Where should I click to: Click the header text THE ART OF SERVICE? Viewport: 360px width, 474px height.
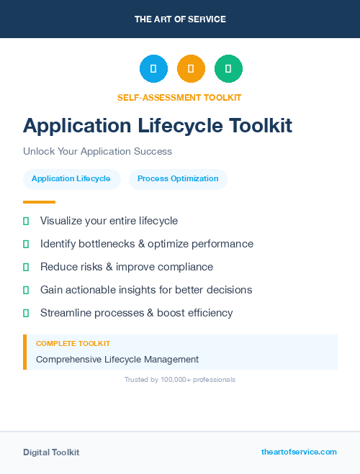pyautogui.click(x=180, y=19)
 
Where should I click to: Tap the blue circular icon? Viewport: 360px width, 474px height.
pyautogui.click(x=153, y=69)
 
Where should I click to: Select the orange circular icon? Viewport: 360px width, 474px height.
pyautogui.click(x=191, y=69)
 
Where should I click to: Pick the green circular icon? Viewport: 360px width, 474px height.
pyautogui.click(x=228, y=69)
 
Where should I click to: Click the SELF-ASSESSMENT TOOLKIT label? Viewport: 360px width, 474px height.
pyautogui.click(x=179, y=97)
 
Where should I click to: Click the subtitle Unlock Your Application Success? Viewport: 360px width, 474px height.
pyautogui.click(x=97, y=152)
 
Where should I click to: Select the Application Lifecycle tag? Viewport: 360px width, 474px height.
pyautogui.click(x=71, y=179)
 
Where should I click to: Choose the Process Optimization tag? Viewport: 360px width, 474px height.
pyautogui.click(x=178, y=179)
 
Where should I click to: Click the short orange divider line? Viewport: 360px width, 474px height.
pyautogui.click(x=39, y=202)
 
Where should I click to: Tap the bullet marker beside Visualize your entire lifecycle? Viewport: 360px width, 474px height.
pyautogui.click(x=26, y=221)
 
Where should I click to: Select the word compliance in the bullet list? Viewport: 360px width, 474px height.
pyautogui.click(x=185, y=267)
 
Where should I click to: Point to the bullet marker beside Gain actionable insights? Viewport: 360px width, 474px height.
pyautogui.click(x=26, y=290)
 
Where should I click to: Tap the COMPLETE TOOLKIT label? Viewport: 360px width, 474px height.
pyautogui.click(x=73, y=344)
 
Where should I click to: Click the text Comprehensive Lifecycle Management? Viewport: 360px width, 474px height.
pyautogui.click(x=117, y=359)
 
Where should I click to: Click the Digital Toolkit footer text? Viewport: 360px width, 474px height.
pyautogui.click(x=51, y=452)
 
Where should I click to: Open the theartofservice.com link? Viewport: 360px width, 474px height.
pyautogui.click(x=299, y=452)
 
